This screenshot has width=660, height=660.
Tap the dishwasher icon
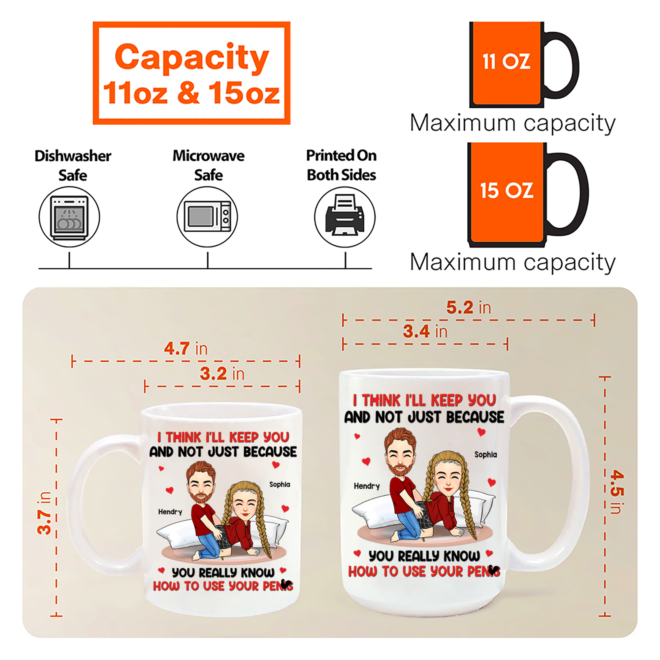[69, 217]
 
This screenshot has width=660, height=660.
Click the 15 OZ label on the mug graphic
[507, 190]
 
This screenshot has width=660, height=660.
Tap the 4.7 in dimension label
[186, 348]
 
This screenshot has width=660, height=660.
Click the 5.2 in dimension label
[469, 308]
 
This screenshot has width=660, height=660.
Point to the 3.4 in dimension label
[425, 331]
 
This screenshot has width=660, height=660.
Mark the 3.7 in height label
[45, 513]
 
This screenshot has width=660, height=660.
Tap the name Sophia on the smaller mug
[280, 484]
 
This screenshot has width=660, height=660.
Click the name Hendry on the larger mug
[367, 486]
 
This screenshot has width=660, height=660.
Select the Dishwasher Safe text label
[73, 165]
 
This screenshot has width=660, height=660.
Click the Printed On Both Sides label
[341, 165]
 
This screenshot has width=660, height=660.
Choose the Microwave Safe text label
[208, 165]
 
